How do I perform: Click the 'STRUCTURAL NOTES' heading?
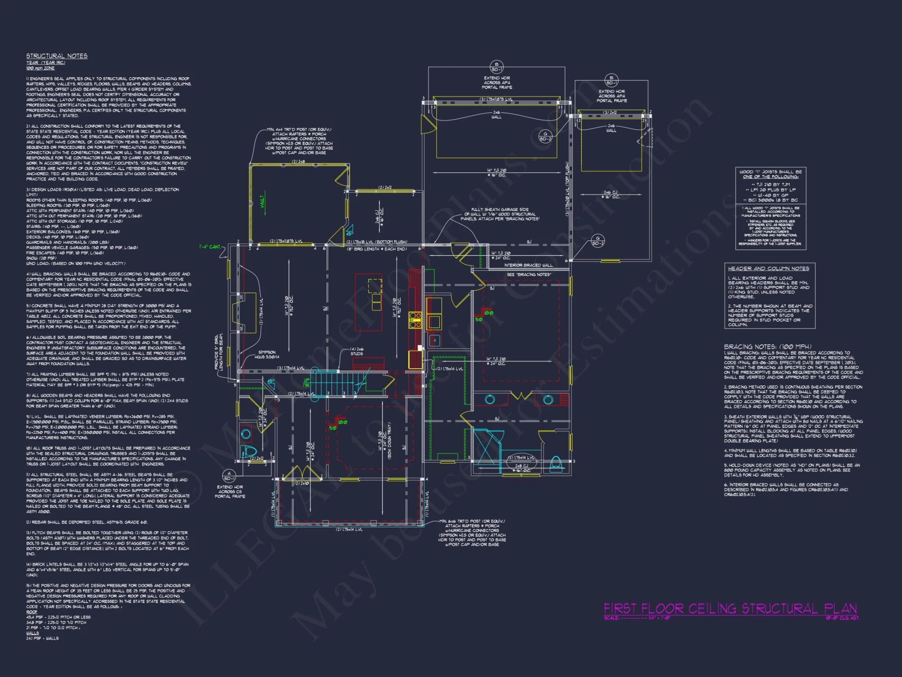tap(57, 56)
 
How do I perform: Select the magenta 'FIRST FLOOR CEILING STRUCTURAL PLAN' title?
tap(730, 609)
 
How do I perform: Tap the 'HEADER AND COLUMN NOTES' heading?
tap(769, 269)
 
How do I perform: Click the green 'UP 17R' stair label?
tap(307, 383)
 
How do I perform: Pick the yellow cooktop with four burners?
tap(415, 319)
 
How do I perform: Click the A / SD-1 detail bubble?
tap(229, 476)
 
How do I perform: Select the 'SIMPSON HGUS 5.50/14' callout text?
tap(267, 354)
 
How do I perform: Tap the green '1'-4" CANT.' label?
tap(210, 247)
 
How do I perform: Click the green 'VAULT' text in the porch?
tap(262, 201)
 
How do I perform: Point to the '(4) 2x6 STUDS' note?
tap(357, 351)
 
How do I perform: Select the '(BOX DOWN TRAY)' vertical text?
tap(389, 441)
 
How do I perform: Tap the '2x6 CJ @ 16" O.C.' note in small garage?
tap(611, 195)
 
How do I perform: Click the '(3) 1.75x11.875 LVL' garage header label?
tap(496, 99)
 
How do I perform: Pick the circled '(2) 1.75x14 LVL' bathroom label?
tap(521, 458)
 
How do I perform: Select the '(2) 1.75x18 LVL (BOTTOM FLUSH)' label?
tap(377, 242)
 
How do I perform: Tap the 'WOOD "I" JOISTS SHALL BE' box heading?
tap(770, 172)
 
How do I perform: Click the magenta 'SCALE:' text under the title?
tap(612, 618)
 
